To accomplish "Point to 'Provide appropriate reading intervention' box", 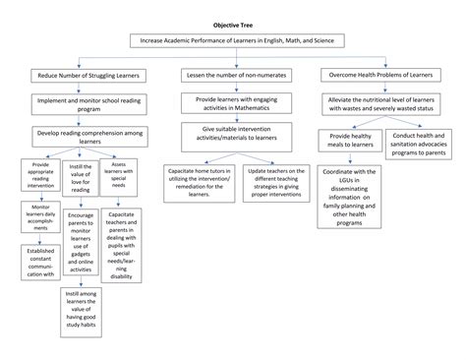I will point(40,175).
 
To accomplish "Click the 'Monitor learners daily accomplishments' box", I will point(40,217).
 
